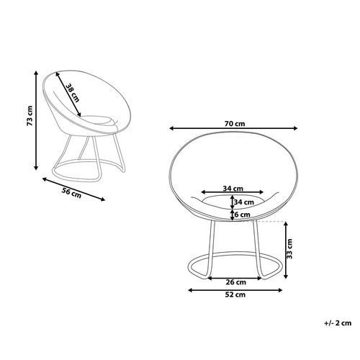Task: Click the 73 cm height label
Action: click(x=30, y=116)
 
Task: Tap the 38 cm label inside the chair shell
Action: click(x=73, y=93)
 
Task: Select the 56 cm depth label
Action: click(x=72, y=193)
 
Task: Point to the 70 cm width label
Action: click(x=235, y=124)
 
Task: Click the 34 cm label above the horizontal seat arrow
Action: click(x=233, y=189)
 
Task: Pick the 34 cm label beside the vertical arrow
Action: click(x=244, y=202)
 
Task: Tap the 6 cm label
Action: click(x=242, y=215)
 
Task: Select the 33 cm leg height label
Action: click(x=289, y=248)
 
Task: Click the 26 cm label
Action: click(x=236, y=282)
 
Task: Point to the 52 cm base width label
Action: click(x=235, y=294)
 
